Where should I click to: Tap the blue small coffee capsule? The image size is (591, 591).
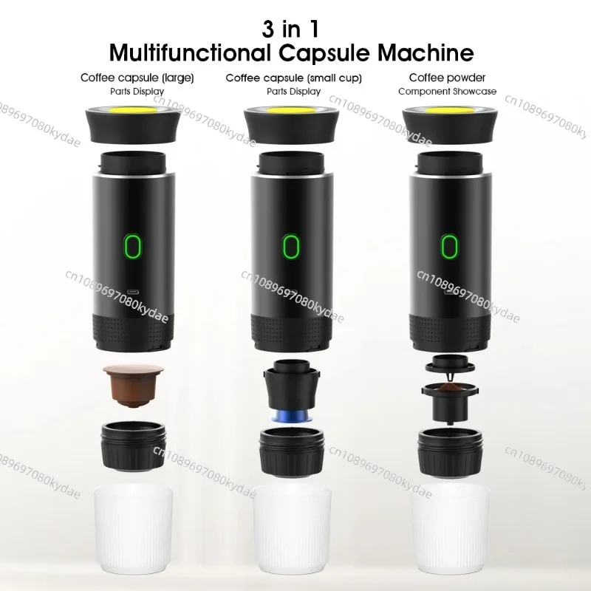tap(291, 416)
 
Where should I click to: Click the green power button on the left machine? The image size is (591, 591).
tap(133, 247)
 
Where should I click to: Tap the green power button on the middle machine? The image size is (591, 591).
tap(291, 247)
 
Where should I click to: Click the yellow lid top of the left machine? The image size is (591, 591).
tap(133, 110)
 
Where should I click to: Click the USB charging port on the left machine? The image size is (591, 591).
tap(134, 292)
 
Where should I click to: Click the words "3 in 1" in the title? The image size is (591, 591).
tap(290, 29)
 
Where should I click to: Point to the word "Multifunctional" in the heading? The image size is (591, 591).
tap(190, 52)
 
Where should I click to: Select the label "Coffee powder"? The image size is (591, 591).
tap(447, 78)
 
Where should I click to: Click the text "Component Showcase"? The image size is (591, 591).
tap(447, 92)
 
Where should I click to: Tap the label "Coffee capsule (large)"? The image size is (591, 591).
tap(137, 78)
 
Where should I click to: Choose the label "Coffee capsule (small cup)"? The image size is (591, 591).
tap(293, 78)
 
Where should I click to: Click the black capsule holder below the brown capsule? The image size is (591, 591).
tap(134, 446)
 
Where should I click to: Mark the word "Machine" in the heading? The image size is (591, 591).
tap(426, 52)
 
